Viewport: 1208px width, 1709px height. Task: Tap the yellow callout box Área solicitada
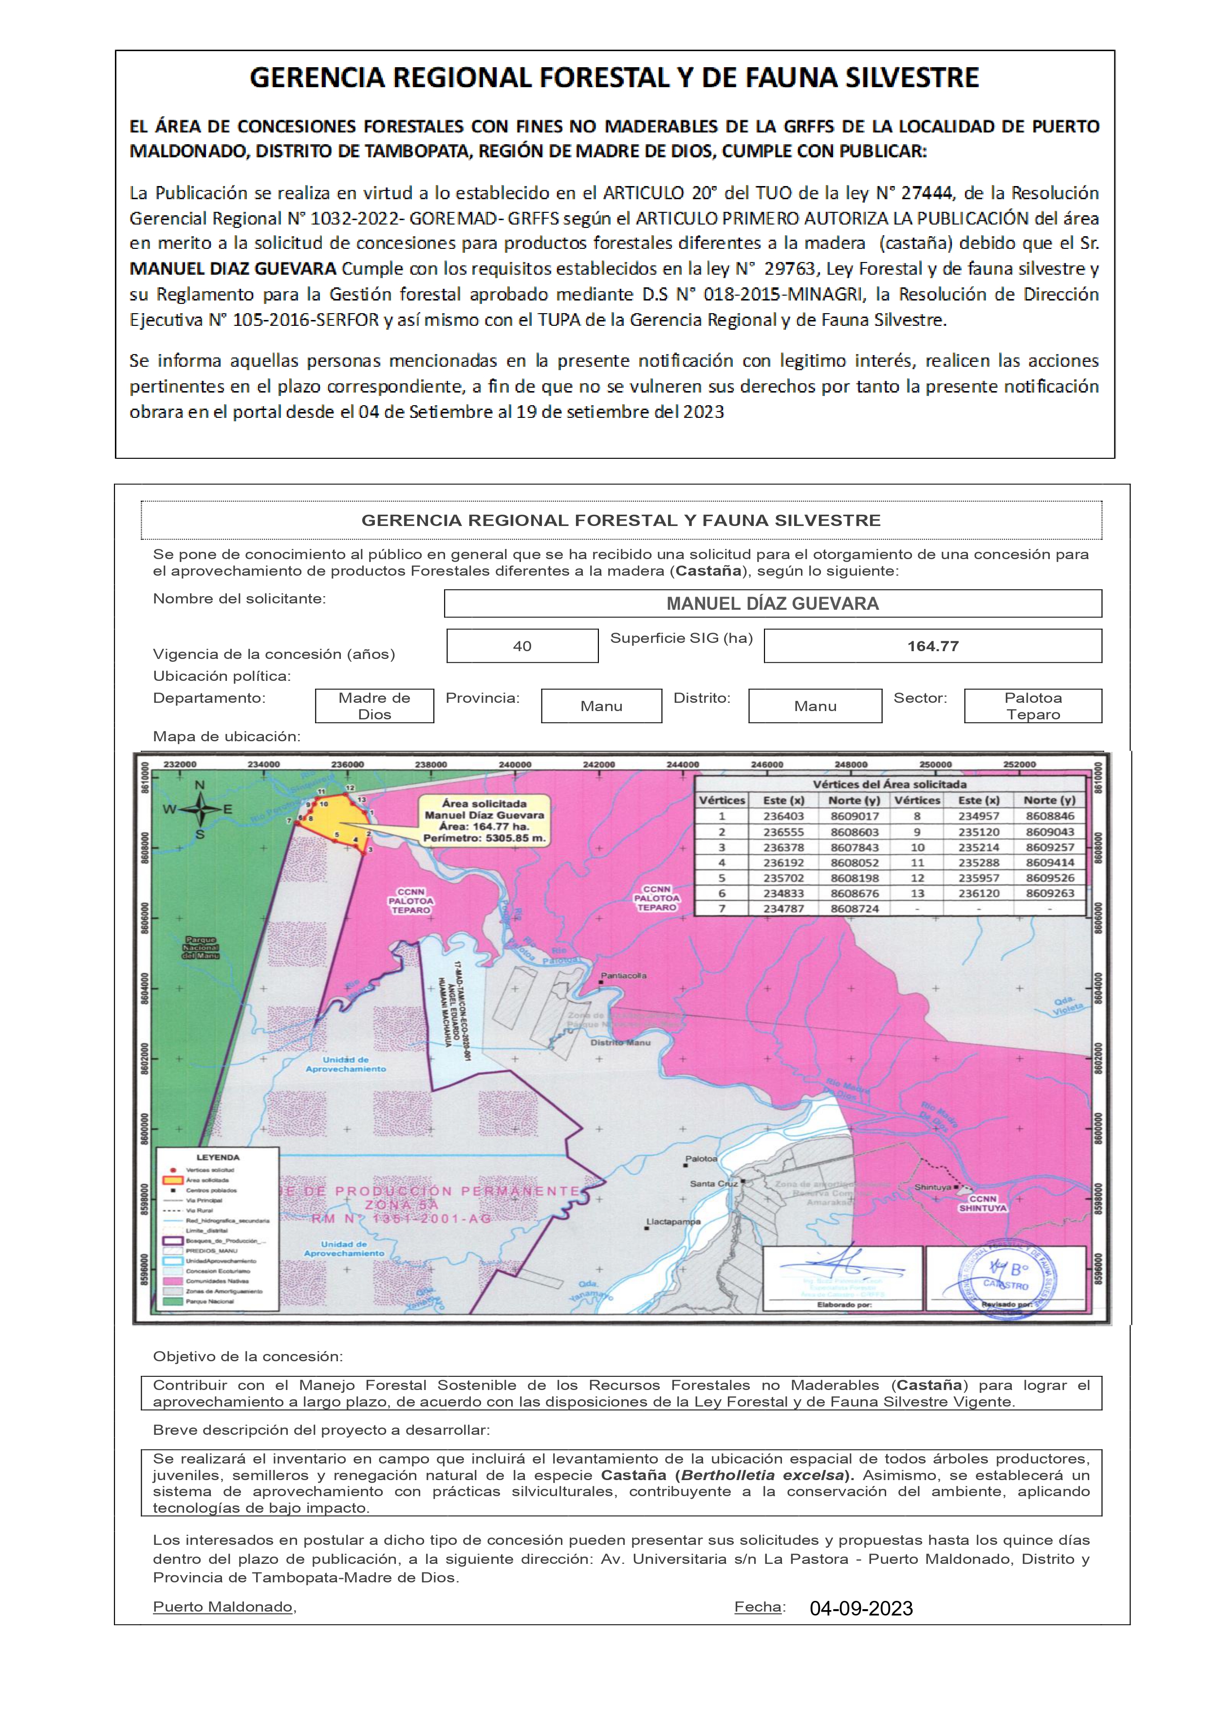tap(484, 820)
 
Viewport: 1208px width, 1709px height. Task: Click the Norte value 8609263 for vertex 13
tap(1049, 893)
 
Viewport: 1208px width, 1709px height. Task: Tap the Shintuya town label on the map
tap(932, 1187)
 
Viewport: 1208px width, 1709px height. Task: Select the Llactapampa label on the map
tap(673, 1221)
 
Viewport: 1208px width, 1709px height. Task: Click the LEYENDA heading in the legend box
tap(217, 1158)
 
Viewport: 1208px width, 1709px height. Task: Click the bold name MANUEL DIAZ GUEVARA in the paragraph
tap(232, 269)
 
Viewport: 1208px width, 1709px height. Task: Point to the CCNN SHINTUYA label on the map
tap(983, 1203)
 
